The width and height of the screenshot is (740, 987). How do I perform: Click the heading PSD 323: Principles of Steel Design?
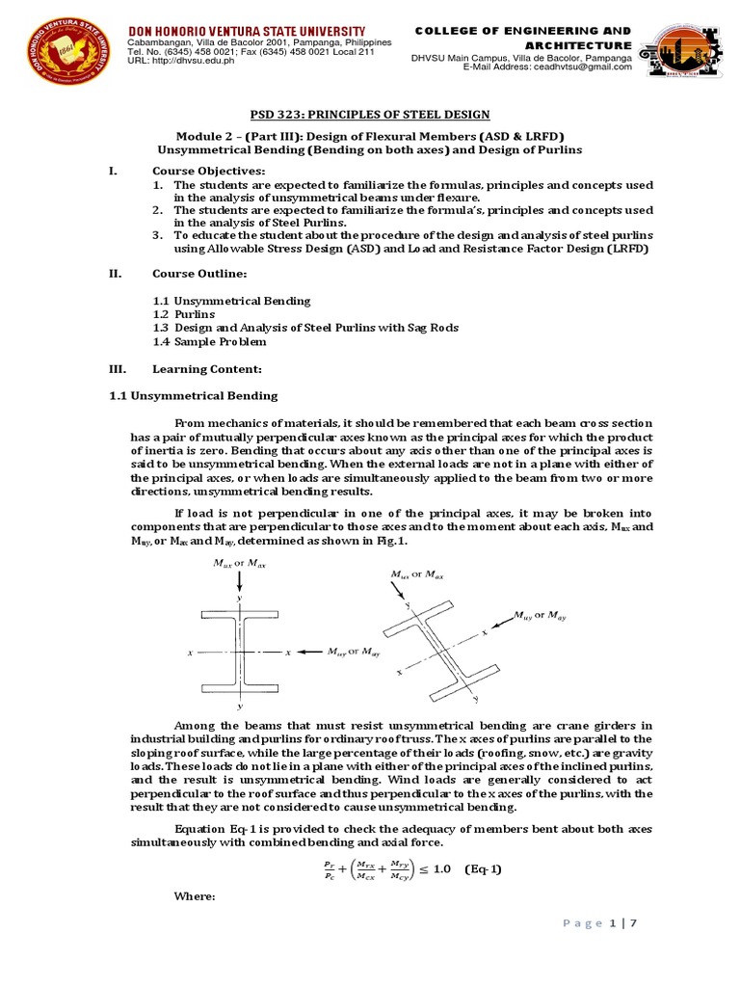(x=369, y=115)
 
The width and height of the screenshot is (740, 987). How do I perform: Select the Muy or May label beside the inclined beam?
(x=541, y=615)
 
